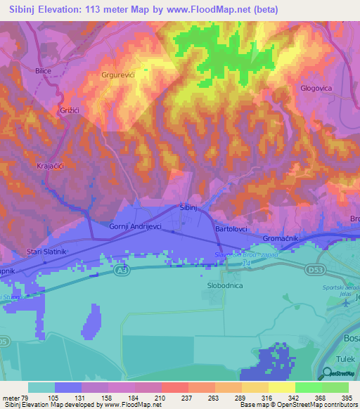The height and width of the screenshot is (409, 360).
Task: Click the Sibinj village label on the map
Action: tap(188, 209)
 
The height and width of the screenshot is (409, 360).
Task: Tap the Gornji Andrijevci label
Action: tap(136, 226)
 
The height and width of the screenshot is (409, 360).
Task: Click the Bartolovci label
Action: tap(233, 230)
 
